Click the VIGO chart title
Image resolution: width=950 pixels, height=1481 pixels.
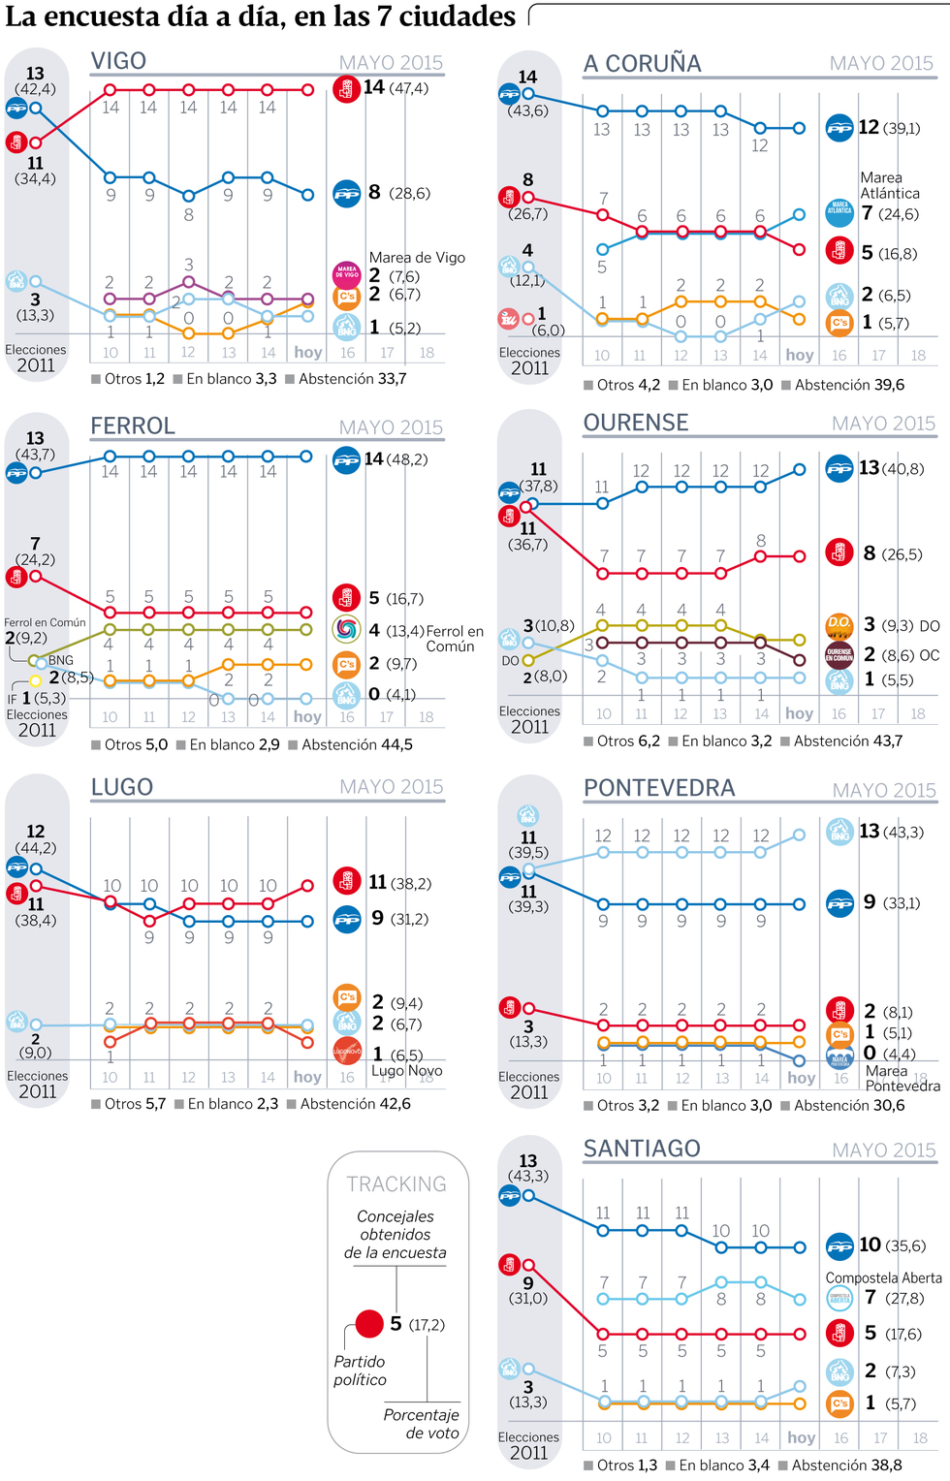118,61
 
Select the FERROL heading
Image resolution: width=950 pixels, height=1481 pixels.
133,426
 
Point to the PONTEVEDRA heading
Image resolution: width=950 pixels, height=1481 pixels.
659,789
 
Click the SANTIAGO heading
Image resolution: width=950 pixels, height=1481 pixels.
642,1150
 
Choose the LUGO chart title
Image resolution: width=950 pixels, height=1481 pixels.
122,787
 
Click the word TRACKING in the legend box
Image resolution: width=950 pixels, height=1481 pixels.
396,1184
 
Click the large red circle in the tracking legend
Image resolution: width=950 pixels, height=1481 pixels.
369,1323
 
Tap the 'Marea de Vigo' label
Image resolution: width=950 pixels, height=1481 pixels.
417,258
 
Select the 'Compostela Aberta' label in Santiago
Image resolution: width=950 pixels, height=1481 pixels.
883,1278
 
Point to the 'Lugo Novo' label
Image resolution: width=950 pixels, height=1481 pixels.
407,1071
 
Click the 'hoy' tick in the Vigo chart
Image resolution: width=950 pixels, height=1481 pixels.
308,353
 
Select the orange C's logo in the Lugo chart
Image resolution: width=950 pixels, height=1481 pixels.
347,996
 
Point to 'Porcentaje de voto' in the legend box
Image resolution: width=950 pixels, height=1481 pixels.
421,1424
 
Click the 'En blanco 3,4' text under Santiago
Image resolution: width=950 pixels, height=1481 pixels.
723,1465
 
